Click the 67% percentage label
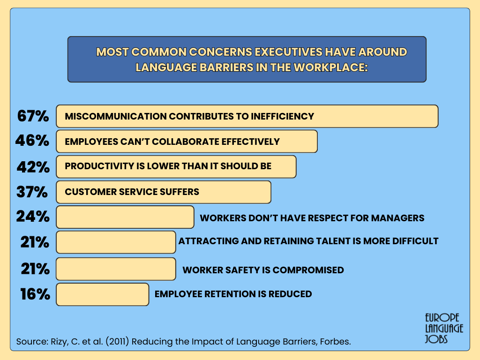click(x=33, y=116)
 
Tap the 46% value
click(x=32, y=141)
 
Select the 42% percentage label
click(x=33, y=167)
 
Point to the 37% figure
click(x=32, y=192)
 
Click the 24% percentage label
click(x=33, y=217)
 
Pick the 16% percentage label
click(x=35, y=294)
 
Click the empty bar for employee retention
click(x=103, y=294)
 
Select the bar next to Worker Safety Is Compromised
click(x=116, y=269)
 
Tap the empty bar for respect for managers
click(x=125, y=217)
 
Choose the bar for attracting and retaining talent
click(x=116, y=242)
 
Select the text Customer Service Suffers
click(x=132, y=192)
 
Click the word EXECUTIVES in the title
click(x=289, y=52)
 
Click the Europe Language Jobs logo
click(x=444, y=328)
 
